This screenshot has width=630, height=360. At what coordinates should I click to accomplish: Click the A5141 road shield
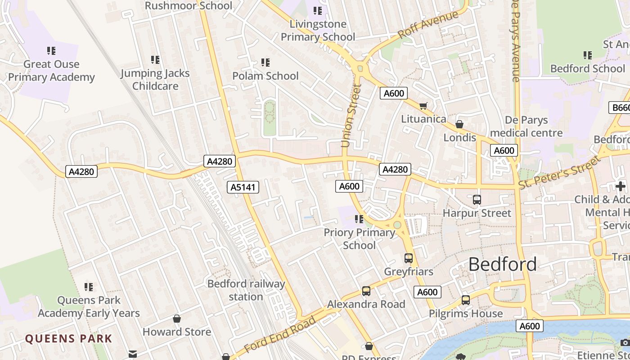tap(243, 187)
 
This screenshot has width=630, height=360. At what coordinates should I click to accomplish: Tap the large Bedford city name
tap(502, 264)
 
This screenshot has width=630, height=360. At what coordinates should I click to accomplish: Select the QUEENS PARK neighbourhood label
tap(68, 339)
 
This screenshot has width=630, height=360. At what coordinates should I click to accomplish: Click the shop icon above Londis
tap(459, 124)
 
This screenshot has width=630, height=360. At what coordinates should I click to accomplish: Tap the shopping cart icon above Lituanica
tap(423, 106)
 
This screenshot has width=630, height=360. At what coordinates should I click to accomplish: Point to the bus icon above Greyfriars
tap(409, 258)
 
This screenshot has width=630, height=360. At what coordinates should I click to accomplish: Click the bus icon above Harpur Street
tap(477, 199)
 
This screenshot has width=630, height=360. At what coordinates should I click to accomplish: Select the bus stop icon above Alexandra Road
tap(366, 291)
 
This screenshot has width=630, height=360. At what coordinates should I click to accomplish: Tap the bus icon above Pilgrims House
tap(466, 300)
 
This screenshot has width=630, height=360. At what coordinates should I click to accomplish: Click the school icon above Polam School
tap(265, 63)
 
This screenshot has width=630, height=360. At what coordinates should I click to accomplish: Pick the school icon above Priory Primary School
tap(359, 219)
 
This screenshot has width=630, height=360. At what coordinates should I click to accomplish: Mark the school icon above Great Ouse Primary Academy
tap(51, 51)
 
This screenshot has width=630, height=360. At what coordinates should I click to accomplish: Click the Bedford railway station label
tap(246, 290)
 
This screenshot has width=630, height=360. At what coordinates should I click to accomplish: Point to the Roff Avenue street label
tap(428, 24)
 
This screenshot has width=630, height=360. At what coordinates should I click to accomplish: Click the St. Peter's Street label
tap(559, 173)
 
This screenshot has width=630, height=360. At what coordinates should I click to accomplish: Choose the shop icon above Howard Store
tap(177, 319)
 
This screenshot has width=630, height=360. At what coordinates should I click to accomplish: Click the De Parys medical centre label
tap(526, 126)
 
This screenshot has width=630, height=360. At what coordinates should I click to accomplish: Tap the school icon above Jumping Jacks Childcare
tap(155, 60)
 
